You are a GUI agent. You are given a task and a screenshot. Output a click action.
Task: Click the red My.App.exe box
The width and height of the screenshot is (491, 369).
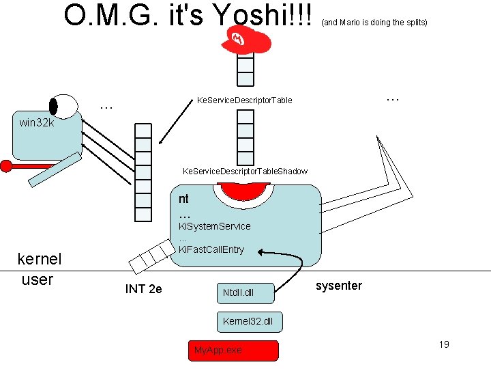(x=233, y=350)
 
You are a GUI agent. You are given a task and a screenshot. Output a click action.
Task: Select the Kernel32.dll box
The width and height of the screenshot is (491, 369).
(x=248, y=320)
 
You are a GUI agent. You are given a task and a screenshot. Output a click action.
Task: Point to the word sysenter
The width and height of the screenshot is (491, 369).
(x=339, y=286)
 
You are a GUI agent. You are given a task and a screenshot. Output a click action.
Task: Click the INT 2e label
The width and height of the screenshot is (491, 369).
(x=143, y=289)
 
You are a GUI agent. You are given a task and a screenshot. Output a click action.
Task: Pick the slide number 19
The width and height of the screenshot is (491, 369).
(x=443, y=344)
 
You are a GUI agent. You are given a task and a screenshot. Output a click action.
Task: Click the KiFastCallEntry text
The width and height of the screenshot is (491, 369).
(x=211, y=249)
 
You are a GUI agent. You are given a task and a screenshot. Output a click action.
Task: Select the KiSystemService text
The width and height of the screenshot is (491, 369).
(x=214, y=226)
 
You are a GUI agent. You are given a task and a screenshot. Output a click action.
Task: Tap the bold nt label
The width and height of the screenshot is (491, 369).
(x=183, y=199)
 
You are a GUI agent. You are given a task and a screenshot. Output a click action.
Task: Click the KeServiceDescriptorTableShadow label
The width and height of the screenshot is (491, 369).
(x=245, y=171)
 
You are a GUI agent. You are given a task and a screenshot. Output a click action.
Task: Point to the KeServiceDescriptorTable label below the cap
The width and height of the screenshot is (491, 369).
(x=244, y=100)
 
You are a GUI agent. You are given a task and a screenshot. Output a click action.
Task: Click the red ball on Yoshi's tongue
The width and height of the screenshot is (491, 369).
(x=6, y=165)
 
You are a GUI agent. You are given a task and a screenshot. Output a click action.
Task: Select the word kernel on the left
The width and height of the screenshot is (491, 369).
(x=39, y=259)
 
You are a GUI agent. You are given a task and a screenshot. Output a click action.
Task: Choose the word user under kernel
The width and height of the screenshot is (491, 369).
(x=37, y=279)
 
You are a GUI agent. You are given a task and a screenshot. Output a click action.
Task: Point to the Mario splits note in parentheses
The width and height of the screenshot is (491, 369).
(x=374, y=23)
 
